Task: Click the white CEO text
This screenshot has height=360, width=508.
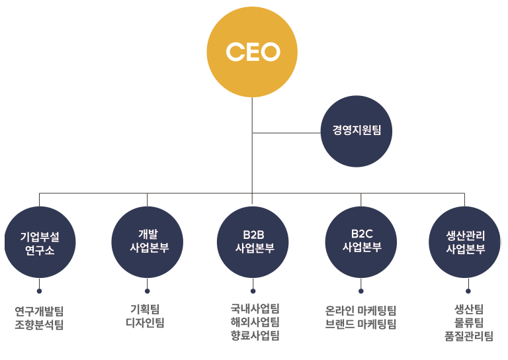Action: click(253, 52)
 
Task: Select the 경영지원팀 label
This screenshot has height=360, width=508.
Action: click(357, 130)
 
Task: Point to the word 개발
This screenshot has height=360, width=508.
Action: click(148, 234)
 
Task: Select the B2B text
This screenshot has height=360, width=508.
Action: click(254, 235)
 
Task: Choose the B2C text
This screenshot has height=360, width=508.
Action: click(362, 234)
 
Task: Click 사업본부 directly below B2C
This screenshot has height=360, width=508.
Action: click(362, 247)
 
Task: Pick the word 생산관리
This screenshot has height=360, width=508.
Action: click(466, 235)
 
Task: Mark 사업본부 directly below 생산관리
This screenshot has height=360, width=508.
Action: click(466, 249)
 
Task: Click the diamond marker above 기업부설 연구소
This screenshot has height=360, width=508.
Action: click(40, 199)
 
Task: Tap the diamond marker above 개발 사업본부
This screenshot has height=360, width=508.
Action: click(148, 199)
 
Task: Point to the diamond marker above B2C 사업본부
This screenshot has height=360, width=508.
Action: click(360, 199)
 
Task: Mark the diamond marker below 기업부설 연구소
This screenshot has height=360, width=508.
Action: click(40, 283)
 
